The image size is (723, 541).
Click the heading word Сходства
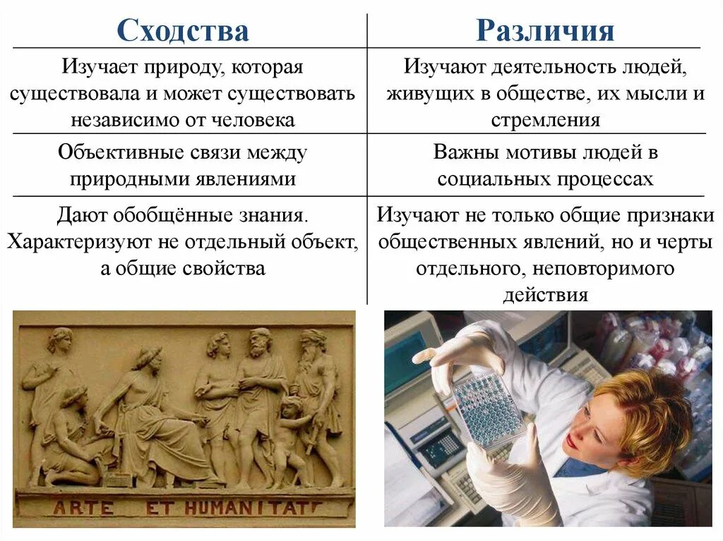pyautogui.click(x=183, y=31)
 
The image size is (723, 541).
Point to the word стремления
pyautogui.click(x=545, y=120)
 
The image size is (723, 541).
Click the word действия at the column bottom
pyautogui.click(x=545, y=294)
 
